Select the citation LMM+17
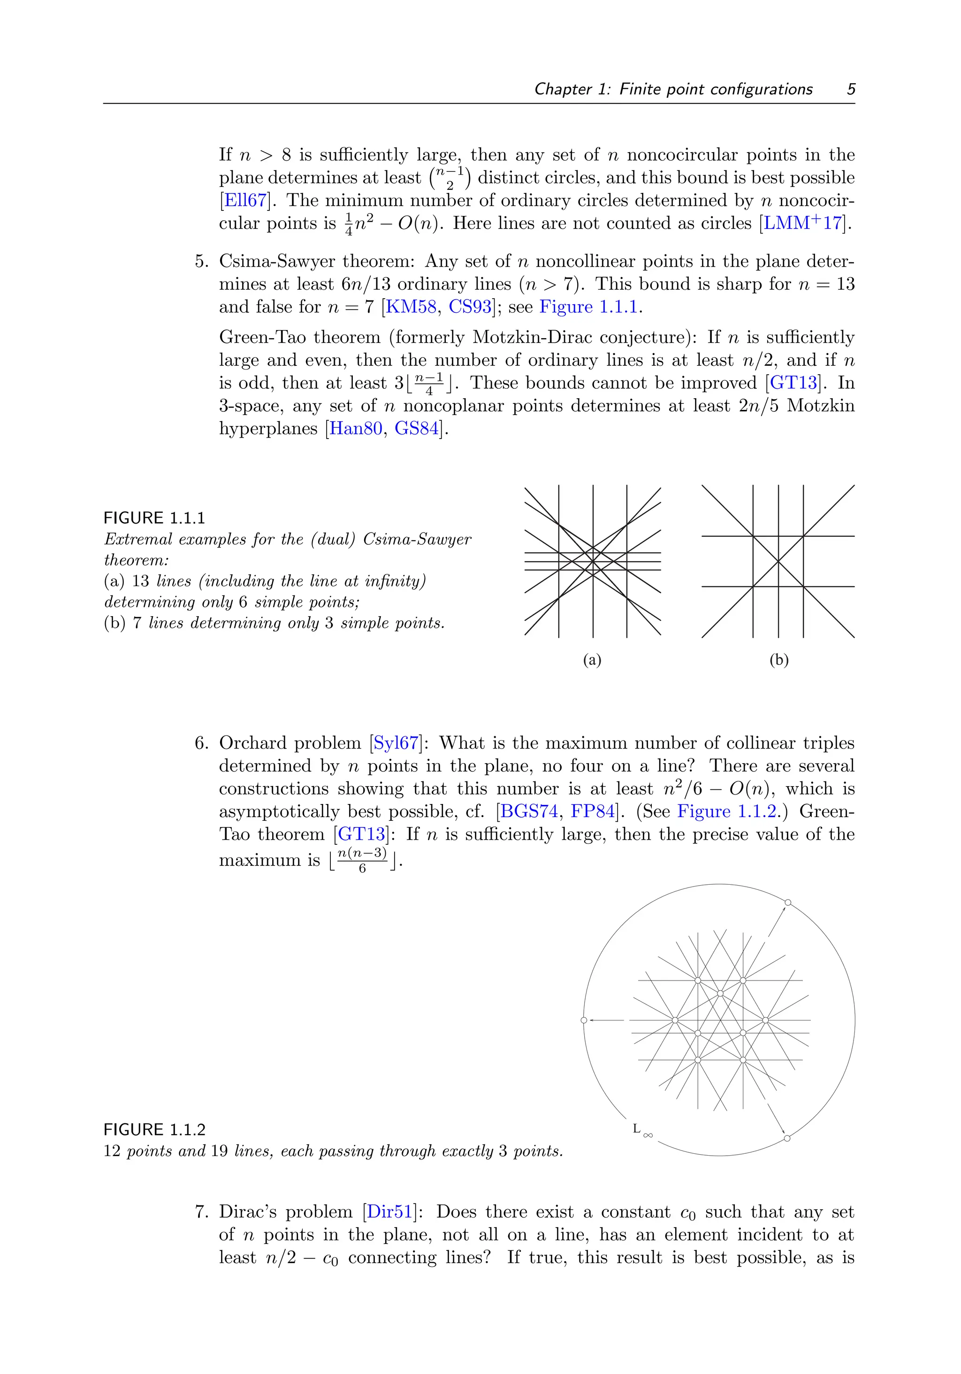(804, 223)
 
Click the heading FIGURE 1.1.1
(154, 517)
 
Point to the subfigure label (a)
(592, 660)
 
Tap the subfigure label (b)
(778, 660)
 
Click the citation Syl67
(395, 743)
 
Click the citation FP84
(593, 811)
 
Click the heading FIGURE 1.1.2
(154, 1130)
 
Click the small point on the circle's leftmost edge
(584, 1020)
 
